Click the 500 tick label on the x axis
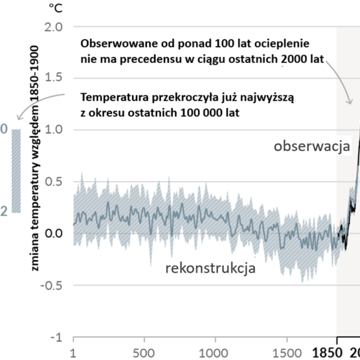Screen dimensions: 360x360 click(144, 353)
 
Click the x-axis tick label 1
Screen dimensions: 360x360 click(73, 353)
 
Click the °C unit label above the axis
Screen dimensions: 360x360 click(55, 8)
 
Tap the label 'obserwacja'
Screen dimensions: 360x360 click(311, 148)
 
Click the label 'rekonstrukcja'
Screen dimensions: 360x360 click(211, 268)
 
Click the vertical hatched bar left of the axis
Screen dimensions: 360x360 click(16, 171)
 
